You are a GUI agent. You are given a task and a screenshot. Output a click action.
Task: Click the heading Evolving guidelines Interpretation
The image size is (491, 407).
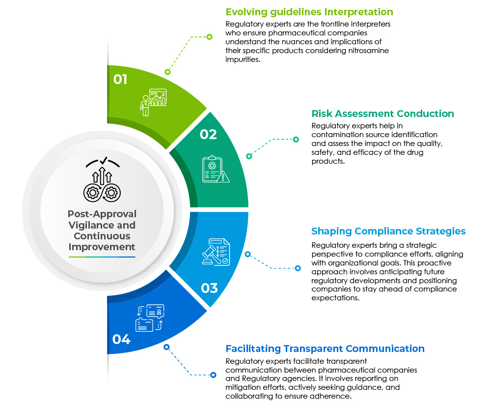tap(309, 12)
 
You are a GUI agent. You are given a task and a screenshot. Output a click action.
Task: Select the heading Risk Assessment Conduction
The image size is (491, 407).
tap(383, 114)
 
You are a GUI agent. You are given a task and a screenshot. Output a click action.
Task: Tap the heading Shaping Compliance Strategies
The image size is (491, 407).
tap(388, 231)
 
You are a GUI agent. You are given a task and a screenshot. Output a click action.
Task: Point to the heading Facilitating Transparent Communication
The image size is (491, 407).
tap(325, 349)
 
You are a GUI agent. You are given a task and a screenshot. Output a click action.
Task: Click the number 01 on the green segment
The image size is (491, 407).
tap(120, 79)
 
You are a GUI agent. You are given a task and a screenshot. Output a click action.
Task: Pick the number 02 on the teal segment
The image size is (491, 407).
tap(208, 134)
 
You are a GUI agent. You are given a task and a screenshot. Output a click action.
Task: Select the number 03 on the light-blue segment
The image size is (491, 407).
tap(209, 288)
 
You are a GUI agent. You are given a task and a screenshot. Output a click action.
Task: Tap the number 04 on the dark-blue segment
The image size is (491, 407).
tap(121, 339)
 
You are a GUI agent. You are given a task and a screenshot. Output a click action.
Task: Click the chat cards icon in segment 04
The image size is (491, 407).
tap(150, 318)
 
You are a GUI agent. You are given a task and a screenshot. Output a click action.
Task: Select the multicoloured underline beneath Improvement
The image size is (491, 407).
tap(102, 257)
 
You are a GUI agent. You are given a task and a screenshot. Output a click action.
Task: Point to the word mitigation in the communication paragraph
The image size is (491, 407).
tap(244, 387)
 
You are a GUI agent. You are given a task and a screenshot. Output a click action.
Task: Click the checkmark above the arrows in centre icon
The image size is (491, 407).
tap(103, 160)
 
